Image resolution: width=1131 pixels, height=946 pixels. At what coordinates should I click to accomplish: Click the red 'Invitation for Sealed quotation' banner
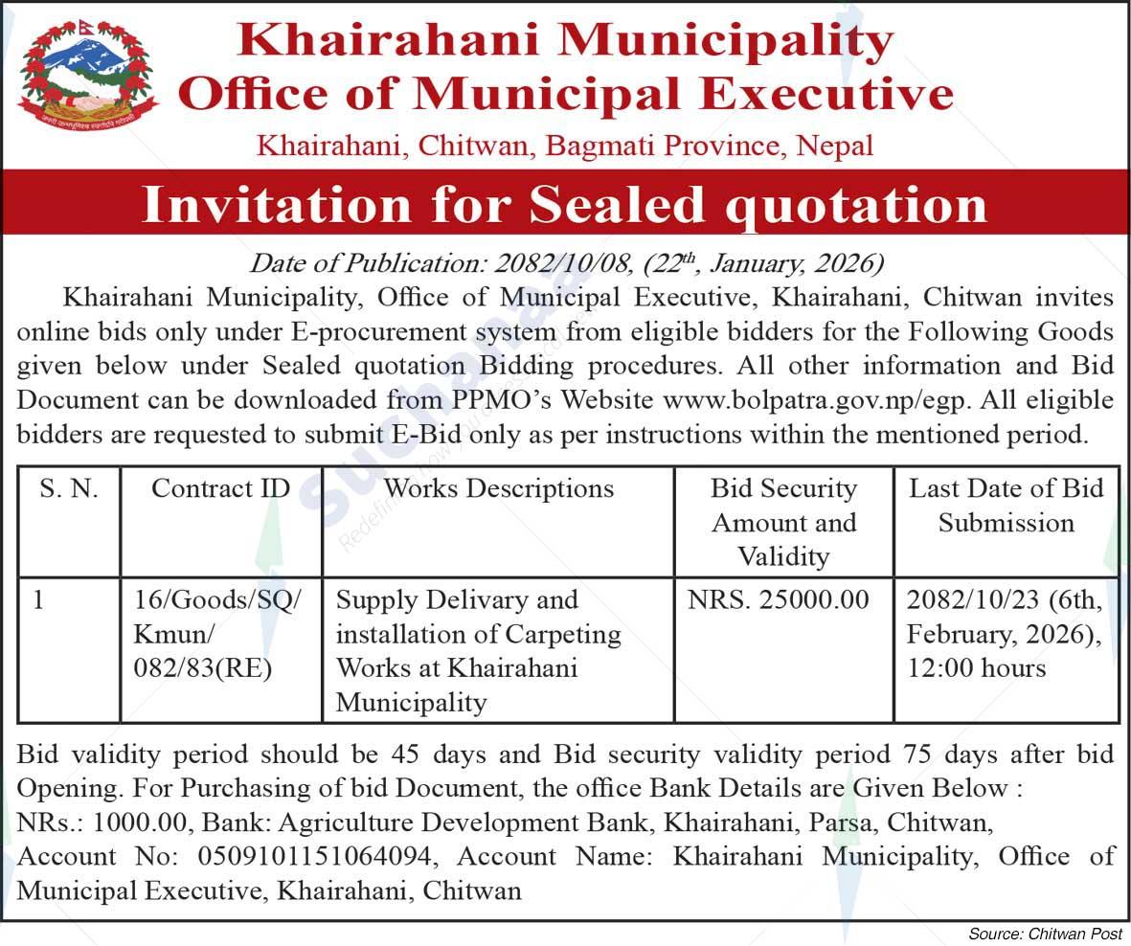[x=565, y=203]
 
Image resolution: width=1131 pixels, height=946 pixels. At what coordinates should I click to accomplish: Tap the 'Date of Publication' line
[x=566, y=263]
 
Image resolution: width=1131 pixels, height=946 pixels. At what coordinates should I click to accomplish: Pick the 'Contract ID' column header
[x=221, y=488]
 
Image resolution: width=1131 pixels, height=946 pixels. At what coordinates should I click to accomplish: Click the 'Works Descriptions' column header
[x=498, y=488]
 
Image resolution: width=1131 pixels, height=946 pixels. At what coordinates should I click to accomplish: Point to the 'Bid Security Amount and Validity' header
[x=783, y=522]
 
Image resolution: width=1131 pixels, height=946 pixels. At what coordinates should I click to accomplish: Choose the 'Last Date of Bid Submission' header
[x=1007, y=506]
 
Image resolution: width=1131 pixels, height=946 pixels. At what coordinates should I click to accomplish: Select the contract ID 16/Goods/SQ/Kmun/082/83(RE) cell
[x=218, y=634]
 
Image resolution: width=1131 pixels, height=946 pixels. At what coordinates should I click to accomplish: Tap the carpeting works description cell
[x=479, y=651]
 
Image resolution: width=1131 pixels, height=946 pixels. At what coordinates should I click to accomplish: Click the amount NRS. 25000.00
[x=779, y=600]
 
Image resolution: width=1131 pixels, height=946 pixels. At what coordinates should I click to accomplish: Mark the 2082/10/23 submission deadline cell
[x=1005, y=634]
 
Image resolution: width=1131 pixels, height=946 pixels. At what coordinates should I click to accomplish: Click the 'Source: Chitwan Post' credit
[x=1045, y=933]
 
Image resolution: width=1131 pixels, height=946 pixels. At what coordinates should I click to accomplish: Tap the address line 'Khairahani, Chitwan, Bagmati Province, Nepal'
[x=565, y=146]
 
